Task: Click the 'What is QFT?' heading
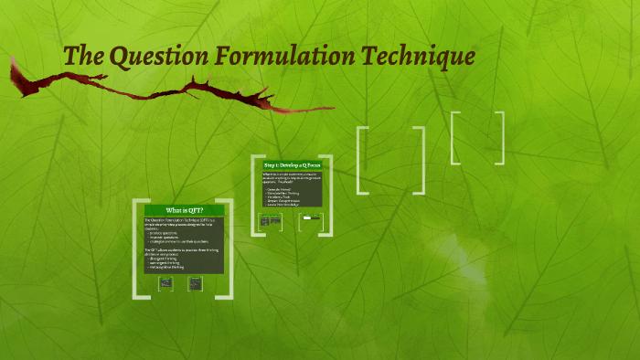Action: [182, 210]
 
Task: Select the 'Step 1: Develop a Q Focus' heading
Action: [292, 164]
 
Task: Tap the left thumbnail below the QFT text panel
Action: [166, 283]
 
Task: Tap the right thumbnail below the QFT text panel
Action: [195, 283]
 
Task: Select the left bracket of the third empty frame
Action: [362, 161]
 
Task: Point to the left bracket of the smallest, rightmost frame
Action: [454, 138]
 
